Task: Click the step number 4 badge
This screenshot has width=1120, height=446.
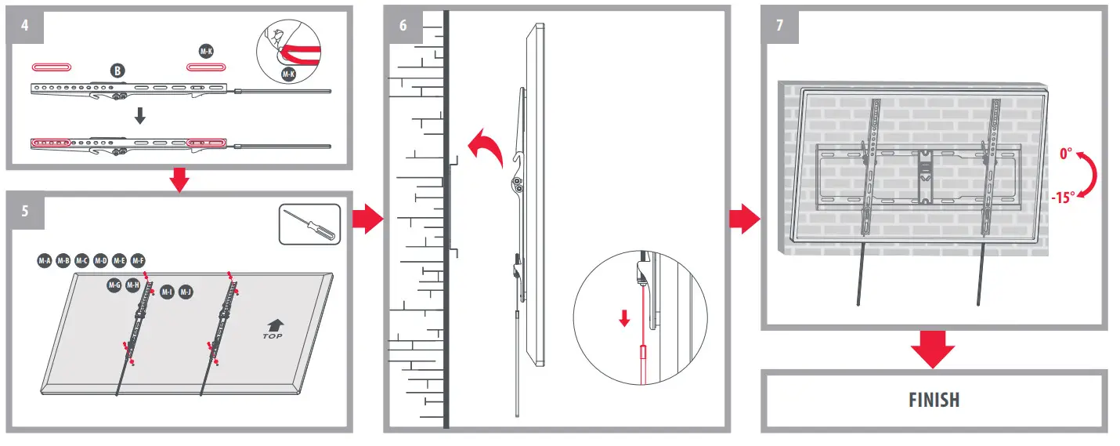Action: point(25,24)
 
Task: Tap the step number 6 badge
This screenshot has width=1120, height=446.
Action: point(403,24)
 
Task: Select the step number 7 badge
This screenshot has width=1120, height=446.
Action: point(780,24)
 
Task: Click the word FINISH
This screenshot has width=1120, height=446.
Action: point(934,400)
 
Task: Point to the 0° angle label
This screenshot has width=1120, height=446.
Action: point(1066,154)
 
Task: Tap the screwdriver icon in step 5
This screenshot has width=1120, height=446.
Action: point(309,224)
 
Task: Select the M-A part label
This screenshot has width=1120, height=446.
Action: point(44,259)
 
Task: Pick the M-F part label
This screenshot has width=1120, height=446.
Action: point(138,259)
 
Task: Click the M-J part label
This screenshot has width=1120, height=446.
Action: point(186,292)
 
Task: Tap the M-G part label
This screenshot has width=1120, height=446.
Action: point(114,285)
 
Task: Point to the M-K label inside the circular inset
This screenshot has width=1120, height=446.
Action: point(288,74)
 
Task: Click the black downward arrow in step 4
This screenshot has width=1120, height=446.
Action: point(140,115)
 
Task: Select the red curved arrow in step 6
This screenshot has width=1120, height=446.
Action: point(483,149)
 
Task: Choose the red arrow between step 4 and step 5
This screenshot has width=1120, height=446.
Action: point(180,180)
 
